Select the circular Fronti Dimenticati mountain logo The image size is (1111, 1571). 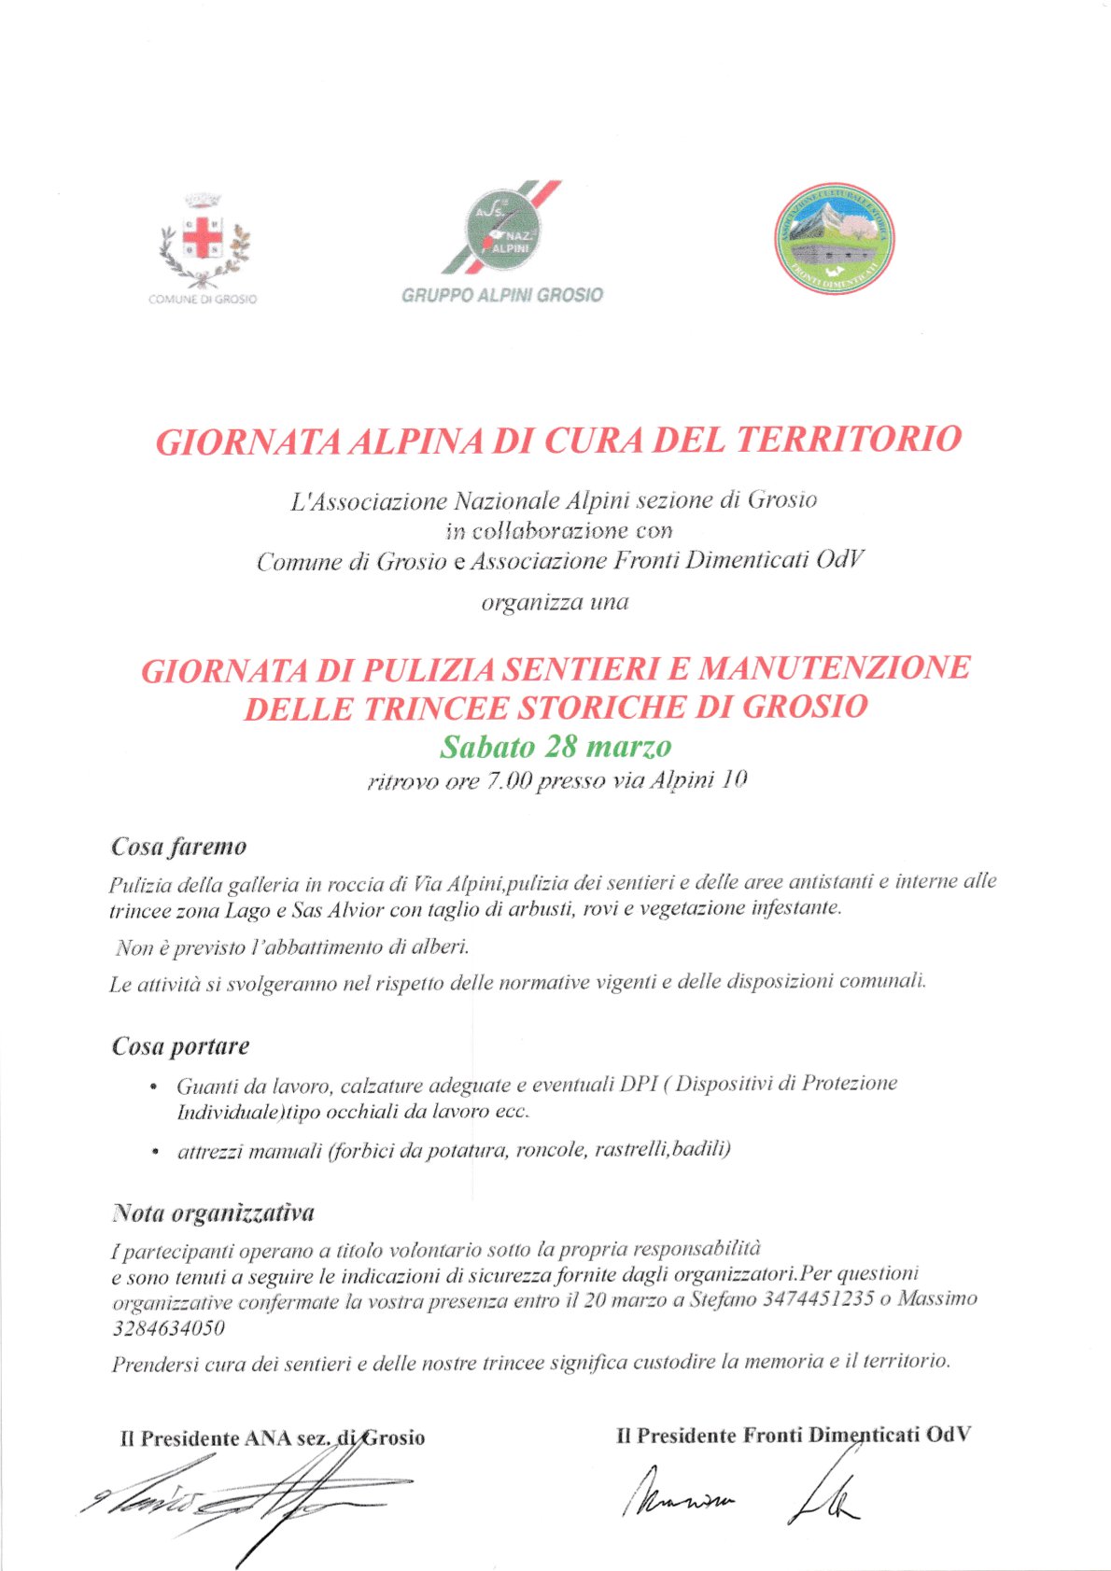tap(834, 238)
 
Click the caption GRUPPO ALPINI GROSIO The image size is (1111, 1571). tap(502, 295)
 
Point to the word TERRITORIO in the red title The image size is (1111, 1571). tap(849, 439)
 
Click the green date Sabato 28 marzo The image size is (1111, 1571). tap(555, 748)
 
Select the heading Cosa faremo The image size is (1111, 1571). tap(178, 847)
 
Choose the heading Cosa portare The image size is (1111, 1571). tap(180, 1045)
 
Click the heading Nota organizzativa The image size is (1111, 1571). tap(213, 1213)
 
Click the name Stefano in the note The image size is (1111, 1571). tap(724, 1299)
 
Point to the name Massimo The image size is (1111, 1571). tap(937, 1298)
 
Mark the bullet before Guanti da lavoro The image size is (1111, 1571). tap(153, 1087)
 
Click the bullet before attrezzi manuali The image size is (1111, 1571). tap(153, 1152)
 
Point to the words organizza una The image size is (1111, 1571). tap(555, 602)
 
